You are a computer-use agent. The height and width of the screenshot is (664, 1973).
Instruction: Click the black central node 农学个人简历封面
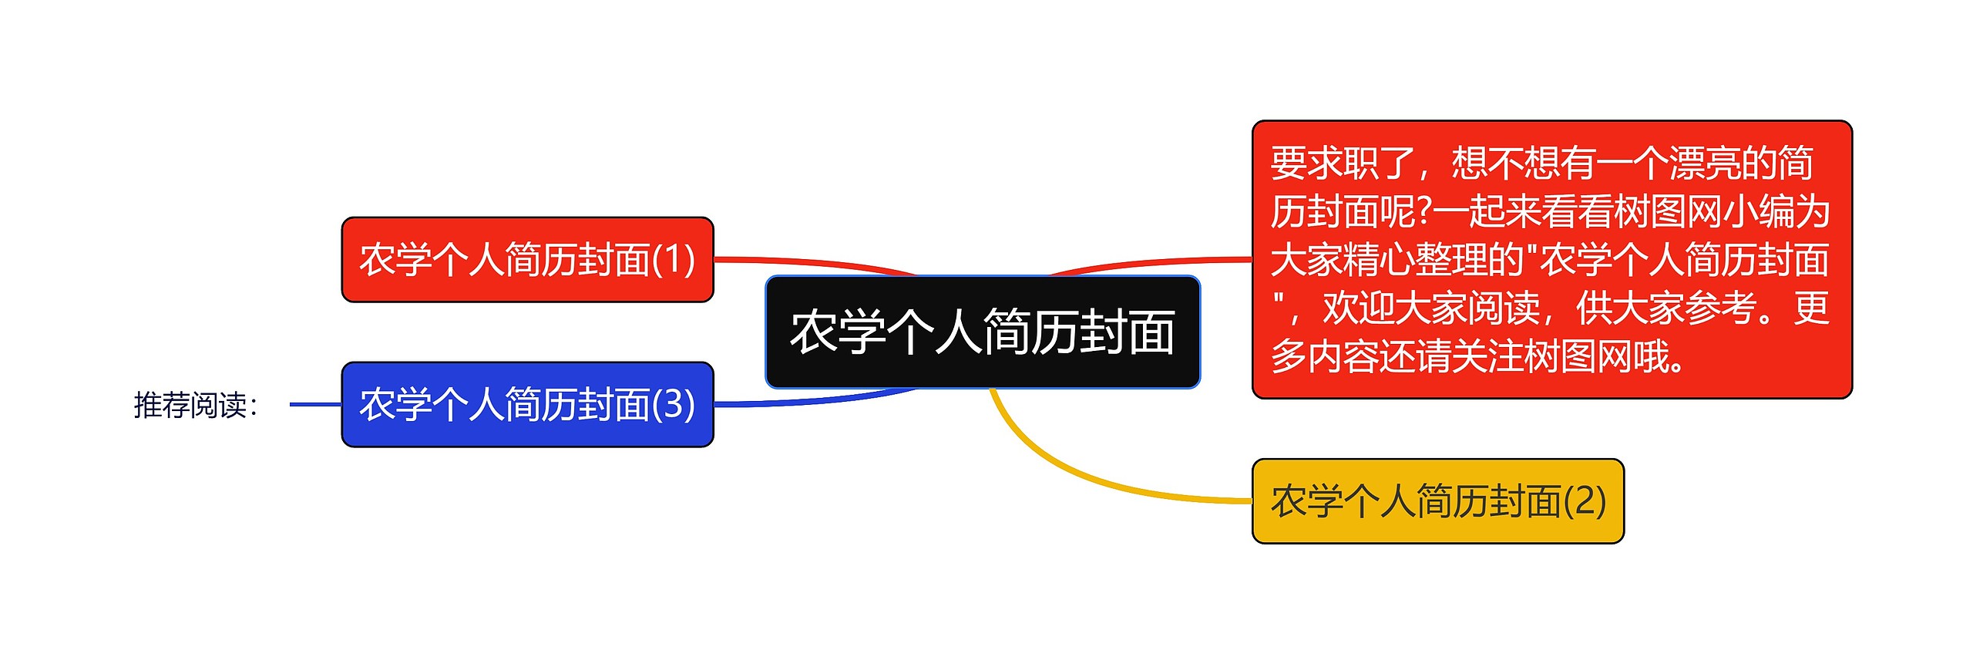[982, 332]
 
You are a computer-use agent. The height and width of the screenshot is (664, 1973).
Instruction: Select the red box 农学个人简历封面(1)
[527, 259]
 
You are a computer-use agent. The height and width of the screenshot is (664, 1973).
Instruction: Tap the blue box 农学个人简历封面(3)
[527, 404]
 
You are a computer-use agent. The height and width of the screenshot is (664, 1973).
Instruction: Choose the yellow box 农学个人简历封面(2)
[1437, 501]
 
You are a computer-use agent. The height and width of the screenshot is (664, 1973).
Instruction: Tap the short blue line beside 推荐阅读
[315, 404]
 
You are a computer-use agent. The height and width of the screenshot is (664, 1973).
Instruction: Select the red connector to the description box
[1156, 263]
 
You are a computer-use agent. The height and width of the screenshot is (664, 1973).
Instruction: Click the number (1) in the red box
[674, 259]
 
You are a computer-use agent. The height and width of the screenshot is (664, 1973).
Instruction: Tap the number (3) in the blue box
[674, 404]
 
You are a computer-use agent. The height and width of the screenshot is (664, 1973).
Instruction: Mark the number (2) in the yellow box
[1585, 501]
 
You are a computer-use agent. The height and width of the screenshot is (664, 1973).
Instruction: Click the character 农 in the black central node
[814, 332]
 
